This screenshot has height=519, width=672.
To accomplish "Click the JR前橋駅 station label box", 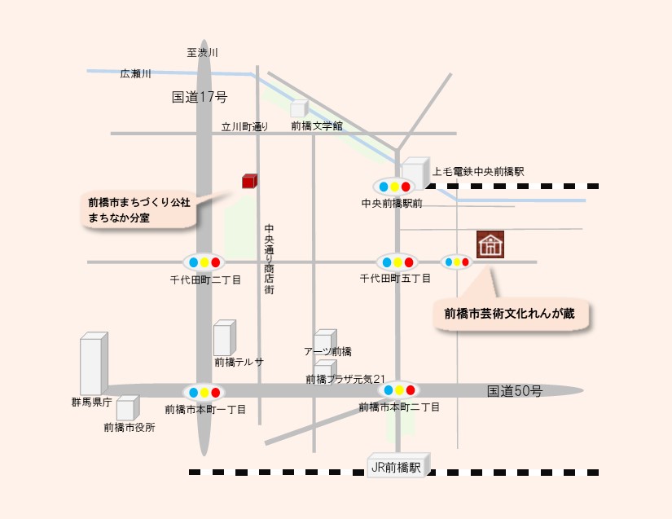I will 396,468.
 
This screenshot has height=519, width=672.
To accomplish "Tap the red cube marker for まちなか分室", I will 249,181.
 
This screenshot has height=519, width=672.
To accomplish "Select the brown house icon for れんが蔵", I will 490,244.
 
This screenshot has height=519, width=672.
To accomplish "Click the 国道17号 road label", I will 200,97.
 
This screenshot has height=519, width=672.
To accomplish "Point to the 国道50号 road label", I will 514,391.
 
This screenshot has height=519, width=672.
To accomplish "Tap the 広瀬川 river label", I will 136,74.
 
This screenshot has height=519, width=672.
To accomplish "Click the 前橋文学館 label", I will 317,126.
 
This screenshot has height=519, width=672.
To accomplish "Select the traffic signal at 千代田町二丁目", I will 204,262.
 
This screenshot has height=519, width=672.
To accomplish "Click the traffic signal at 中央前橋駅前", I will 394,187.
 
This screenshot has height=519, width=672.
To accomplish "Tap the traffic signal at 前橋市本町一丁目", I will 204,392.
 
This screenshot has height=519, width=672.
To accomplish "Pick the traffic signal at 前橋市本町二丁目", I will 399,390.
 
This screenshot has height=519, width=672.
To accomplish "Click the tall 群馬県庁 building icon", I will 93,363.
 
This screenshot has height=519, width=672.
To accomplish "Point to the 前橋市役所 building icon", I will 127,407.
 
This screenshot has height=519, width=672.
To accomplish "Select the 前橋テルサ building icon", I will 223,337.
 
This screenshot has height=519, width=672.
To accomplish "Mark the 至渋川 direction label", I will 202,53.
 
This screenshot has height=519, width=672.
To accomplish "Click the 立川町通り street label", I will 244,126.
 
